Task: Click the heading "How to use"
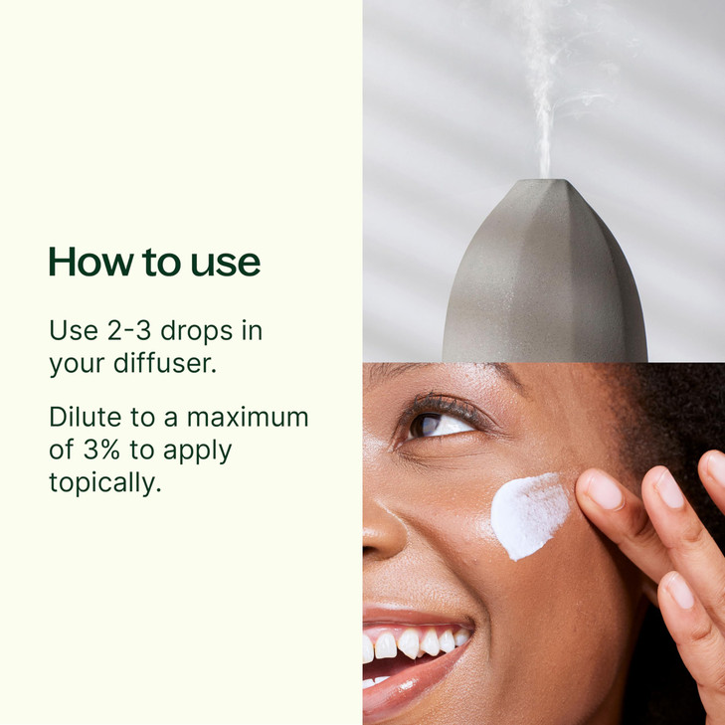tap(154, 262)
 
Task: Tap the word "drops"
tap(197, 331)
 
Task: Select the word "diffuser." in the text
tap(165, 363)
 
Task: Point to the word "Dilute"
tap(86, 417)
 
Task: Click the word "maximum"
tap(248, 418)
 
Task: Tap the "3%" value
tap(101, 450)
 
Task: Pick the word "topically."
tap(105, 482)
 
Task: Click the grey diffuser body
tap(545, 277)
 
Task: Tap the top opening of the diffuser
tap(547, 180)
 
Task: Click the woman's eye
tap(437, 426)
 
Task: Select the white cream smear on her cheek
tap(529, 515)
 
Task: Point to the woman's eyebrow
tap(444, 370)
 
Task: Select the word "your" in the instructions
tap(77, 365)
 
